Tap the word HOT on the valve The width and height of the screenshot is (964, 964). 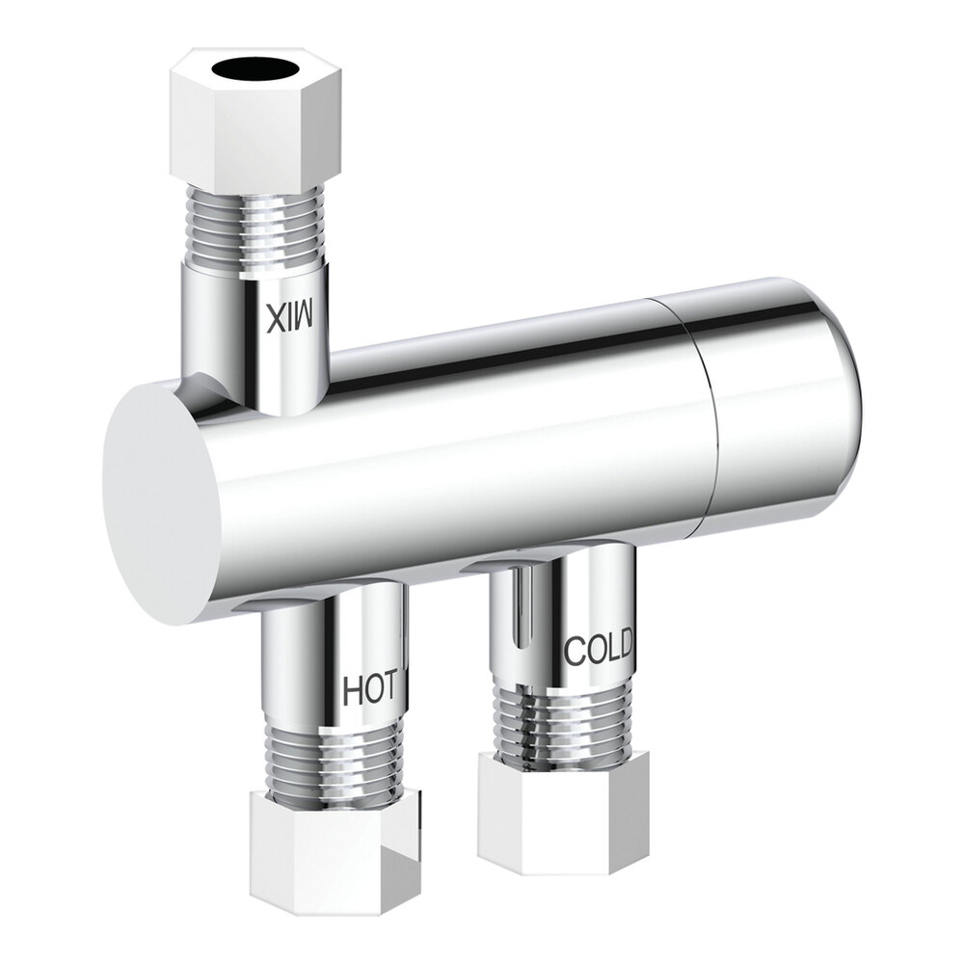click(x=370, y=689)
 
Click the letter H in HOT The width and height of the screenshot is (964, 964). click(x=353, y=690)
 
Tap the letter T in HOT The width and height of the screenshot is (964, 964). click(x=388, y=688)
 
